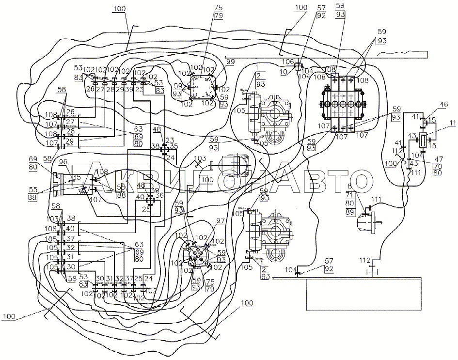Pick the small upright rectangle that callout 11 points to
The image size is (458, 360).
click(x=423, y=141)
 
